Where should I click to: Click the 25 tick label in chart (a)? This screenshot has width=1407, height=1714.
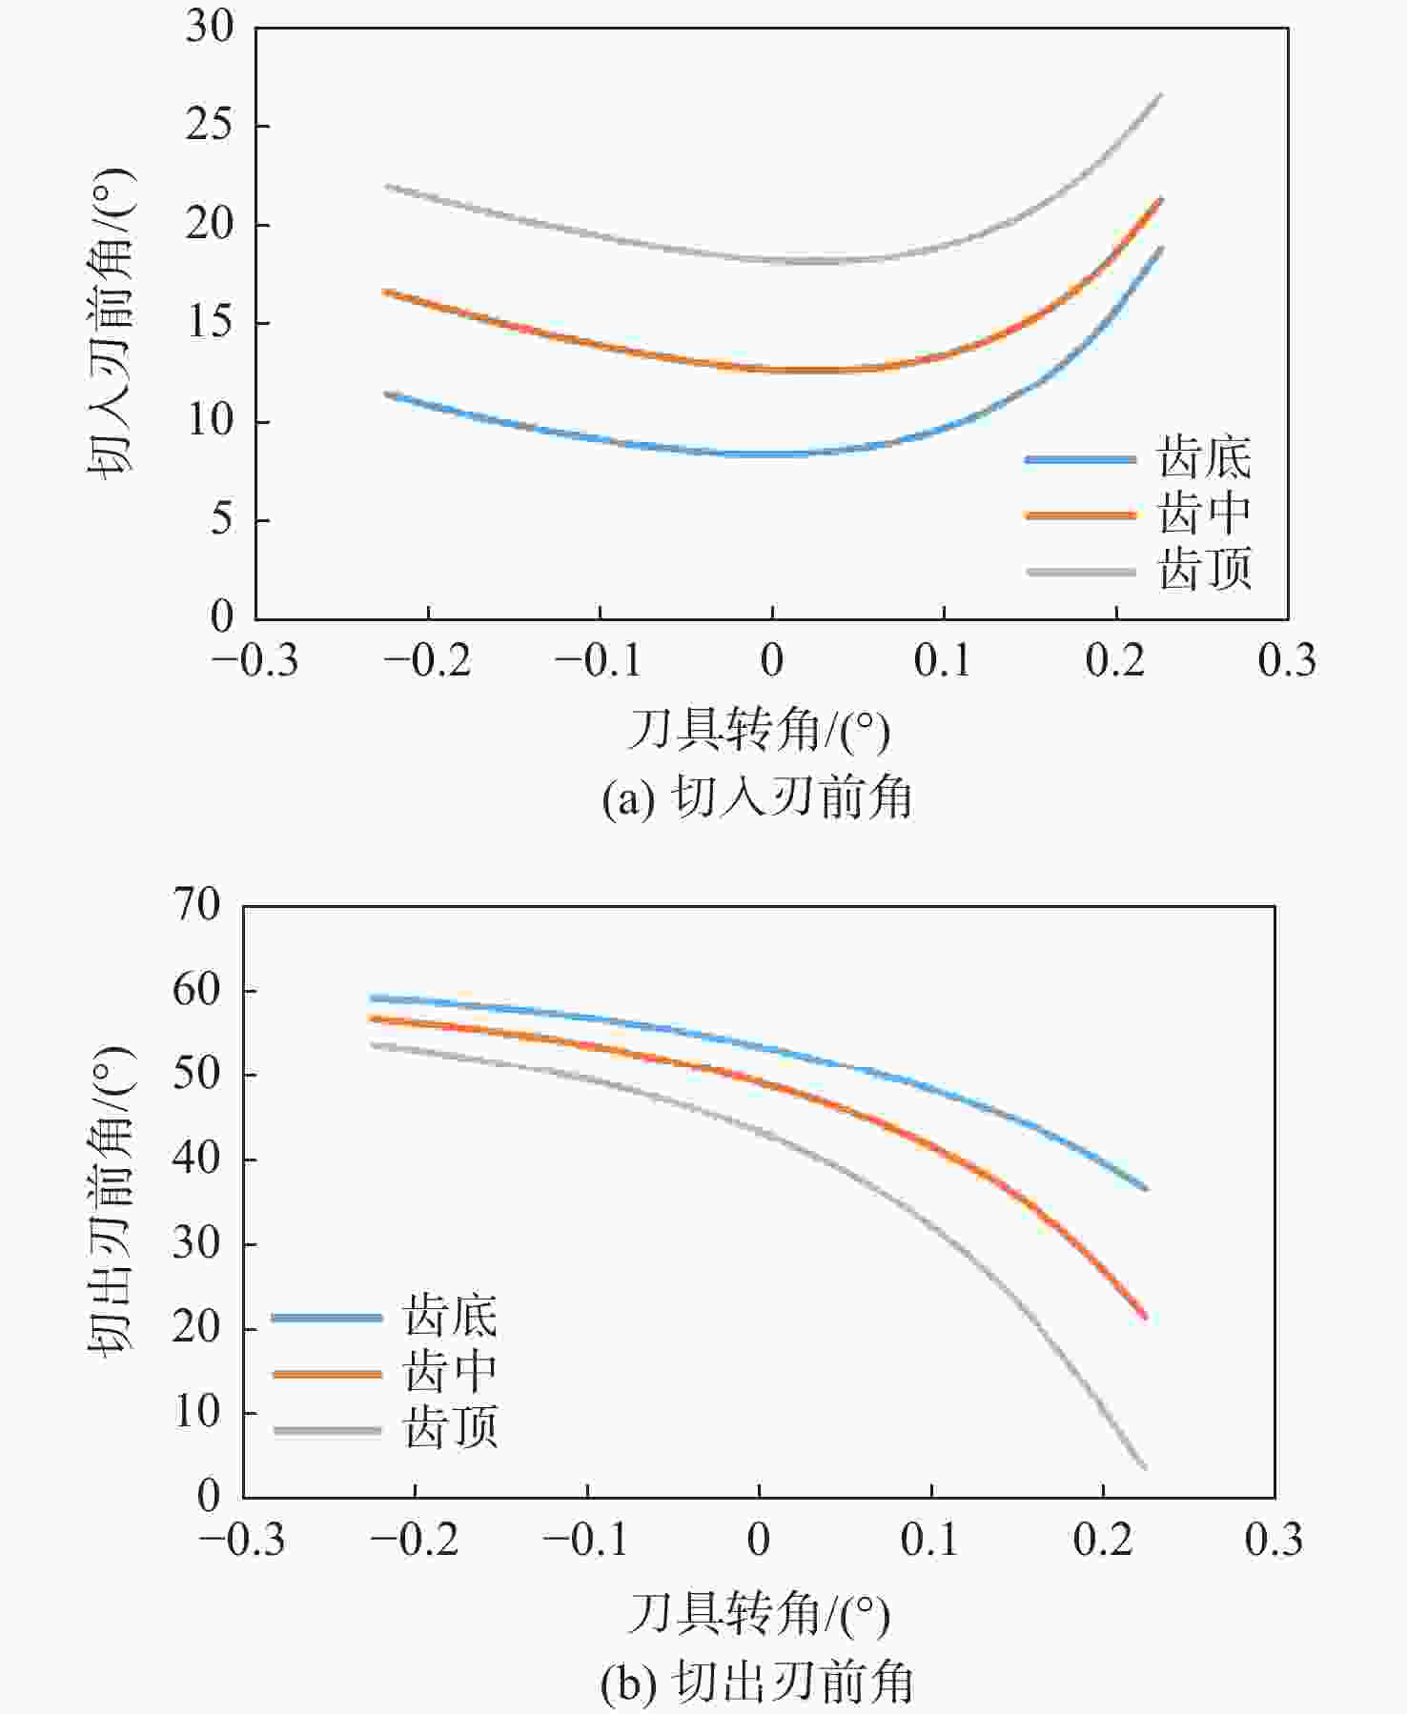209,126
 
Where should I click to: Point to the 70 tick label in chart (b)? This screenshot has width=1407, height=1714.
196,903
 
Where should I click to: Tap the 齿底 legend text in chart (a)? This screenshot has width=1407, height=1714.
1204,458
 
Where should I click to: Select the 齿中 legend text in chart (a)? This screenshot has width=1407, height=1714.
1204,514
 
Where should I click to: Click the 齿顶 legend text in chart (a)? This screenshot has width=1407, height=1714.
1204,571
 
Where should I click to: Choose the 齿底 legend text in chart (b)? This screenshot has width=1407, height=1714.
450,1317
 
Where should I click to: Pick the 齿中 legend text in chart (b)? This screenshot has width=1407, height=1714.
450,1373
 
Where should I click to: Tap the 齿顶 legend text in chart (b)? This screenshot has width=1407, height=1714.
450,1429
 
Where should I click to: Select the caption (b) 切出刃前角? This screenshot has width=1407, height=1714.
757,1683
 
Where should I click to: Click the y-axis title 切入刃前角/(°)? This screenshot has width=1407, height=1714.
112,323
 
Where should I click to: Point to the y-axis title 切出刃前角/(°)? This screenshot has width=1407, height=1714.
112,1200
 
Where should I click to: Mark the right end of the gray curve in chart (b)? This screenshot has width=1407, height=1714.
1144,1467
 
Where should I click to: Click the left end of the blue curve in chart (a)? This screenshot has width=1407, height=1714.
386,393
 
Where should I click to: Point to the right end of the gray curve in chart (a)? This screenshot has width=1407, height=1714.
1160,95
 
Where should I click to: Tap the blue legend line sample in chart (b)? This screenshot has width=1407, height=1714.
327,1318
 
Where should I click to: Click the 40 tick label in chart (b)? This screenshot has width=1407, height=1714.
196,1159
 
